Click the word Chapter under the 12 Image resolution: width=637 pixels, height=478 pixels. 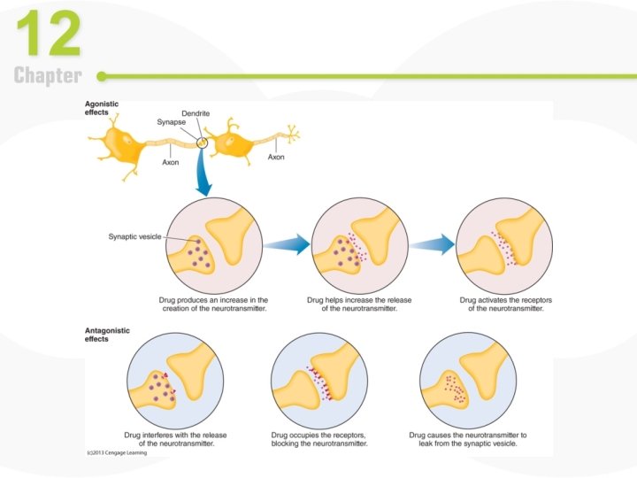coord(48,76)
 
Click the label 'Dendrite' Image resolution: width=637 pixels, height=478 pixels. coord(196,113)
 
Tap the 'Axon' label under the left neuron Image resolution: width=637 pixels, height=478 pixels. coord(172,162)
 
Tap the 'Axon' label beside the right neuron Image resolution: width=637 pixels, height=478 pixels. coord(276,157)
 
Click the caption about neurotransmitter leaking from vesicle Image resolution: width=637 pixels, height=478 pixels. coord(467,440)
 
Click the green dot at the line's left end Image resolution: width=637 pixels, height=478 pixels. coord(102,76)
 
